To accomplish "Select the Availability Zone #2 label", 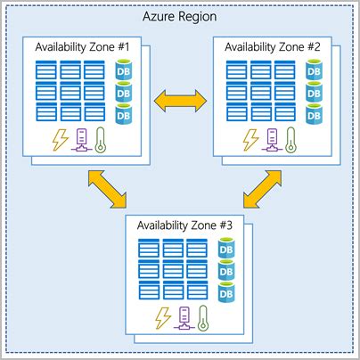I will pyautogui.click(x=274, y=46).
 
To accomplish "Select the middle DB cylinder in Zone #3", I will pyautogui.click(x=226, y=269).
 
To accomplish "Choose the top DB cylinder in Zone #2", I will pyautogui.click(x=313, y=69).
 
